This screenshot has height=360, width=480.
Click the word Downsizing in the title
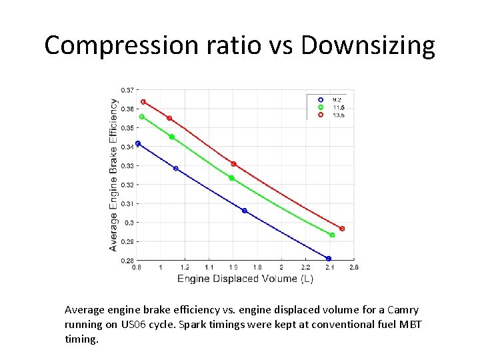tap(367, 46)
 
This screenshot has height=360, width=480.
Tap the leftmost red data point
tap(143, 102)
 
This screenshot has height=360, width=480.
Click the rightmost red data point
tap(342, 229)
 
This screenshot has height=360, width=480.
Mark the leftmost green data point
tap(142, 117)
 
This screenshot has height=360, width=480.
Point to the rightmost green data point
tap(332, 235)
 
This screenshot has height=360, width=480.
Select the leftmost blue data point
tap(138, 143)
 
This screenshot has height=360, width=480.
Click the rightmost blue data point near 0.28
tap(329, 259)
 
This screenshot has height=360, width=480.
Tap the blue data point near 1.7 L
tap(245, 211)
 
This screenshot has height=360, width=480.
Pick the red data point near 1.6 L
tap(233, 164)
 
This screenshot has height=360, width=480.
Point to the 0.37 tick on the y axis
tap(127, 90)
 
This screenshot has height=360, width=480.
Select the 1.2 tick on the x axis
tap(185, 267)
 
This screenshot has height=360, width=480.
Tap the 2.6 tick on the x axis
tap(353, 267)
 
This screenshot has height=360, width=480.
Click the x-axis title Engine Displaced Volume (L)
tap(245, 279)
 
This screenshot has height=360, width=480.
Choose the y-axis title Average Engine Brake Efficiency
tap(113, 175)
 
